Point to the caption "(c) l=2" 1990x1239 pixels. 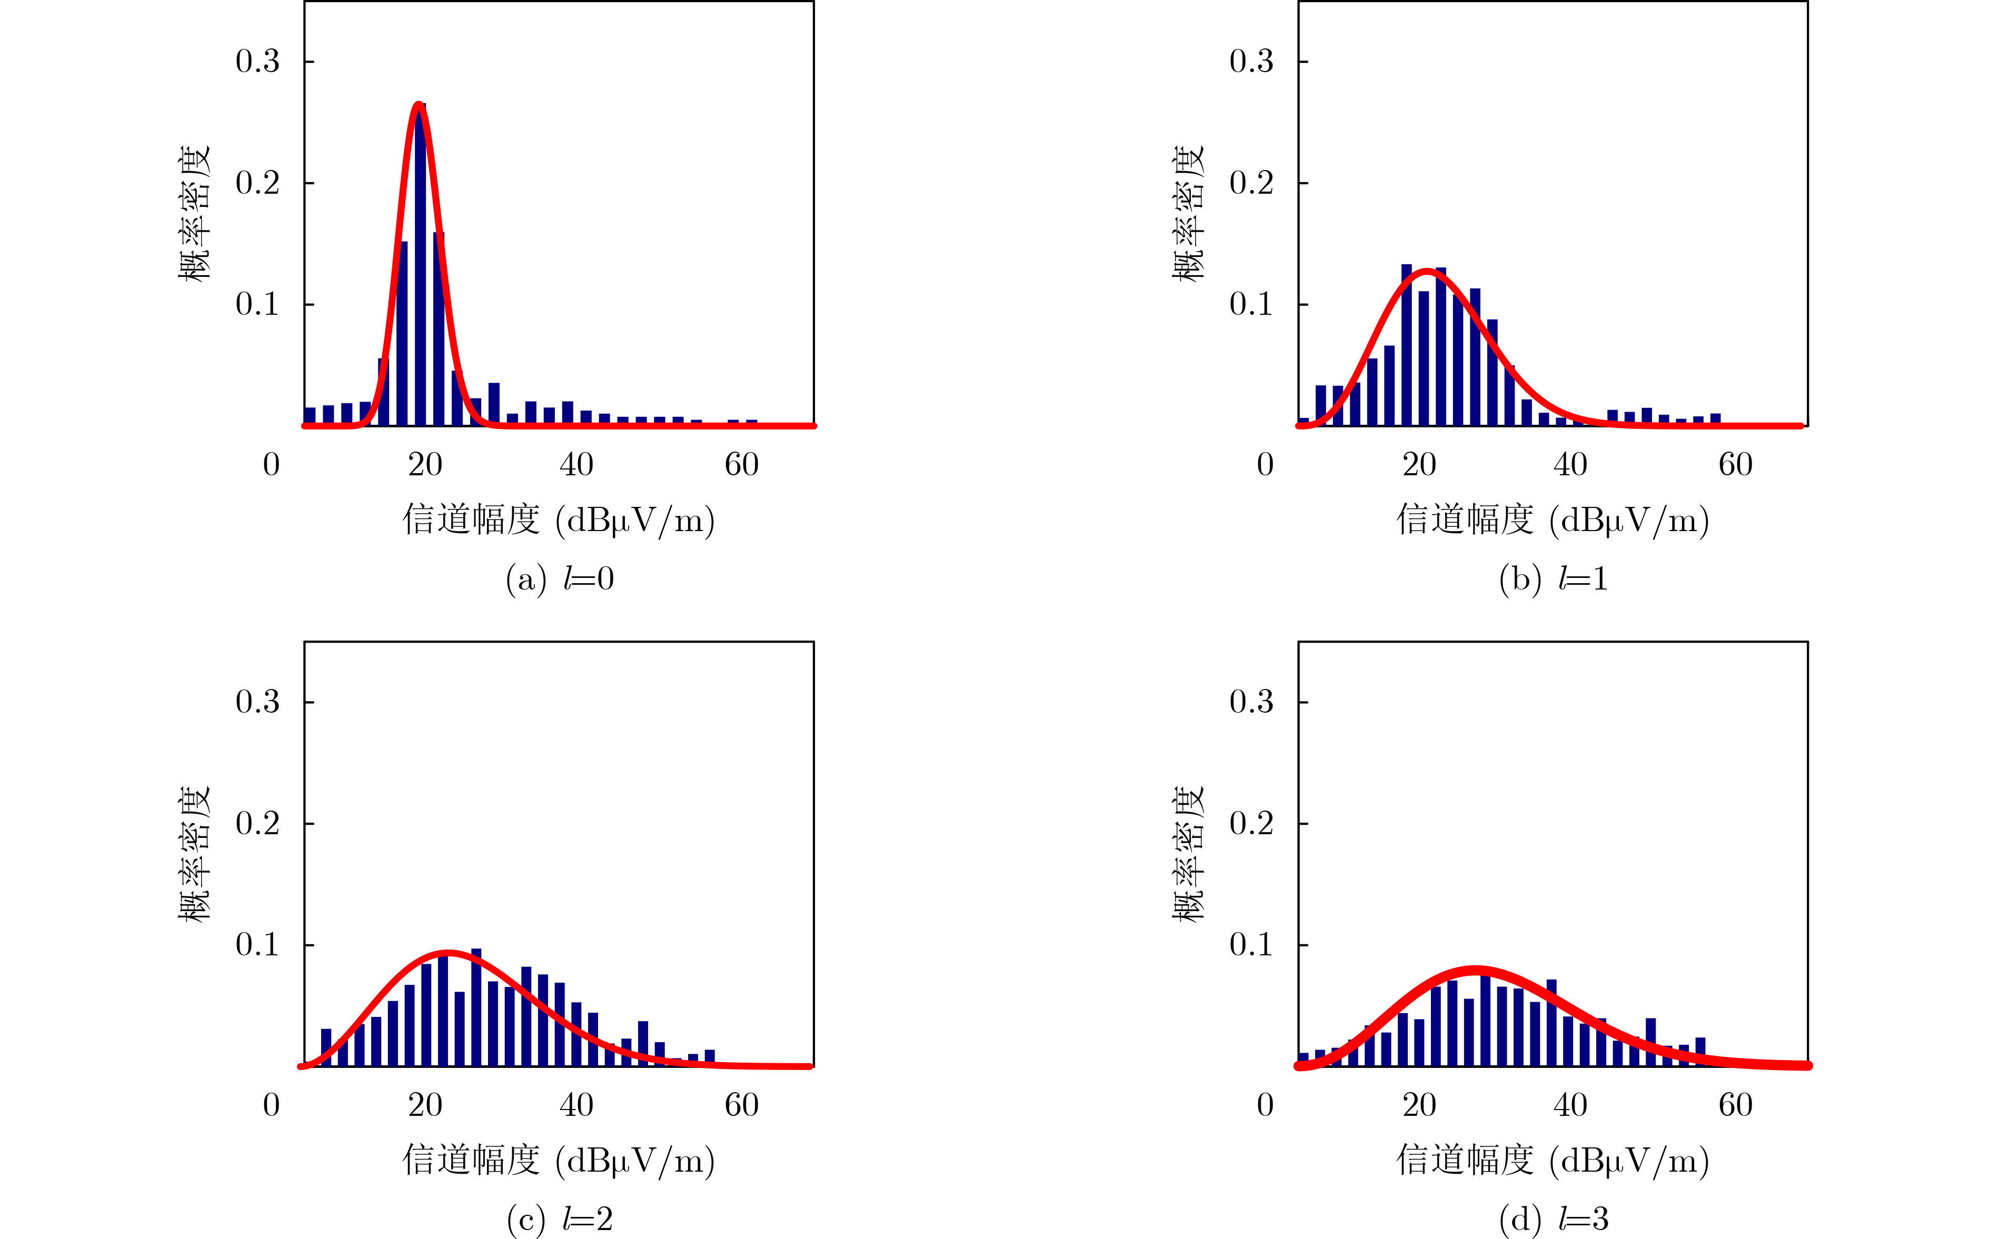coord(560,1220)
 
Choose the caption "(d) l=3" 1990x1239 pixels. coord(1553,1220)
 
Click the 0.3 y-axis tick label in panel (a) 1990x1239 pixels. coord(257,62)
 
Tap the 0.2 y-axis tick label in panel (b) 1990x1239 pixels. coord(1251,183)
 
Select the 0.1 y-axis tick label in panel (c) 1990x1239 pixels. coord(257,945)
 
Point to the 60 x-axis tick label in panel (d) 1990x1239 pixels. coord(1735,1105)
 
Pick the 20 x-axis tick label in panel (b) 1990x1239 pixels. coord(1419,465)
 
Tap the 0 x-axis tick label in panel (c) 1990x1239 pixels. coord(271,1105)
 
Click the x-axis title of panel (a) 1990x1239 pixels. coord(559,519)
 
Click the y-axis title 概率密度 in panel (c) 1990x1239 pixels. coord(194,855)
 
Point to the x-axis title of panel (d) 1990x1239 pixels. coord(1553,1161)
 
